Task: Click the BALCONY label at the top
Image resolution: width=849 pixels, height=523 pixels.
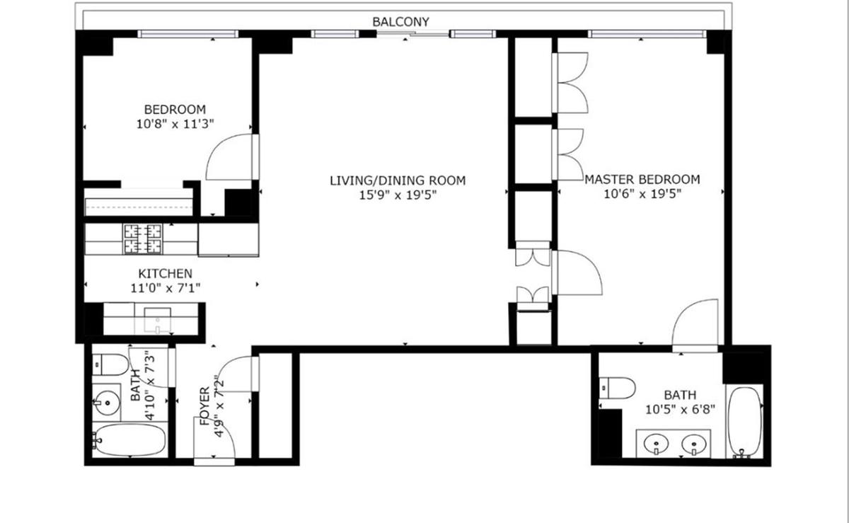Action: (x=400, y=22)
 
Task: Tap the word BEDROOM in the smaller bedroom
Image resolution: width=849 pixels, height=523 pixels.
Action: (x=175, y=110)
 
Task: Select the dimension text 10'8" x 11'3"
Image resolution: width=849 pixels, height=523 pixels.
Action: (x=175, y=124)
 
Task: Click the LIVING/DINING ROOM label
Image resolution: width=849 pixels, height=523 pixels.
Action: (x=398, y=180)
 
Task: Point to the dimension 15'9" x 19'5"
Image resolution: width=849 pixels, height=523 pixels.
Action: (x=398, y=195)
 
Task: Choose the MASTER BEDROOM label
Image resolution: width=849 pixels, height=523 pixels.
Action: (x=642, y=180)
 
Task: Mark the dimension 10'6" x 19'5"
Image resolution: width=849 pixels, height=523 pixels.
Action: (x=642, y=195)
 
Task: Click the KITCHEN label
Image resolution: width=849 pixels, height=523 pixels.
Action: (x=165, y=273)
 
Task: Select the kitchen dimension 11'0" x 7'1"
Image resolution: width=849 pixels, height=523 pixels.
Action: (x=165, y=288)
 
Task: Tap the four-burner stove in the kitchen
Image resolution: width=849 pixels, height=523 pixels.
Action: (x=142, y=238)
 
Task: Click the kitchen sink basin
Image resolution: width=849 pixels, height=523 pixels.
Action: (x=157, y=320)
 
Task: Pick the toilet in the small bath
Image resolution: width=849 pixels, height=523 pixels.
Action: (x=108, y=363)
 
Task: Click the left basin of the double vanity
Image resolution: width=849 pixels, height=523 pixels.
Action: (x=657, y=445)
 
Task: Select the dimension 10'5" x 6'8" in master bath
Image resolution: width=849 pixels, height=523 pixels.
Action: (x=679, y=410)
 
